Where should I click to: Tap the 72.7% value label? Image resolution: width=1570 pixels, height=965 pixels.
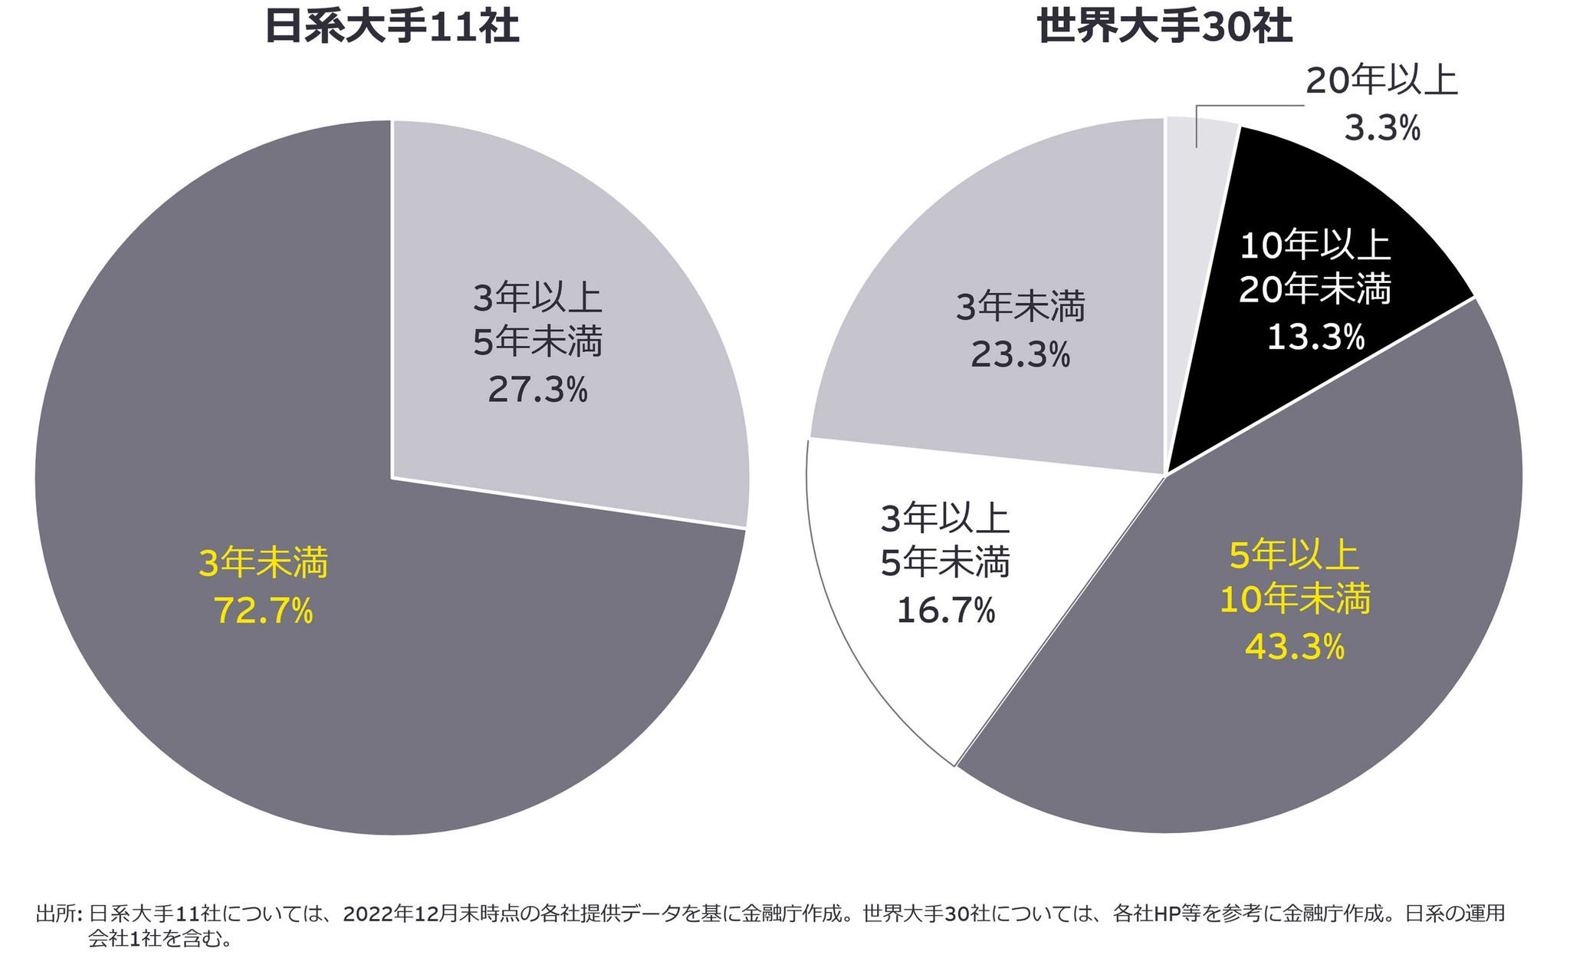pos(264,611)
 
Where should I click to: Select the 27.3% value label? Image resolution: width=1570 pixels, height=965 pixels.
pos(537,390)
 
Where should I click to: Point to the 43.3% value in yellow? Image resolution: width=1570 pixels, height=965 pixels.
pos(1295,647)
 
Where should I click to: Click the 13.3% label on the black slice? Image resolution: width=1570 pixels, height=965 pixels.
pos(1315,337)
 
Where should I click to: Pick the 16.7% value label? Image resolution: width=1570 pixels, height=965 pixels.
pos(945,611)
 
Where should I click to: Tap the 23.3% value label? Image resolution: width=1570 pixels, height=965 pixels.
pos(1020,354)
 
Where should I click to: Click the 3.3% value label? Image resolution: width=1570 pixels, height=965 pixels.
pos(1382,128)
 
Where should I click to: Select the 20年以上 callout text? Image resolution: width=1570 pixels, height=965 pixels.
pos(1381,81)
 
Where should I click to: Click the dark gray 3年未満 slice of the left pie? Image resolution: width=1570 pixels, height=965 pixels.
pos(307,690)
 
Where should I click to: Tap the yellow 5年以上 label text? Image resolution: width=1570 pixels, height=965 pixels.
pos(1295,555)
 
